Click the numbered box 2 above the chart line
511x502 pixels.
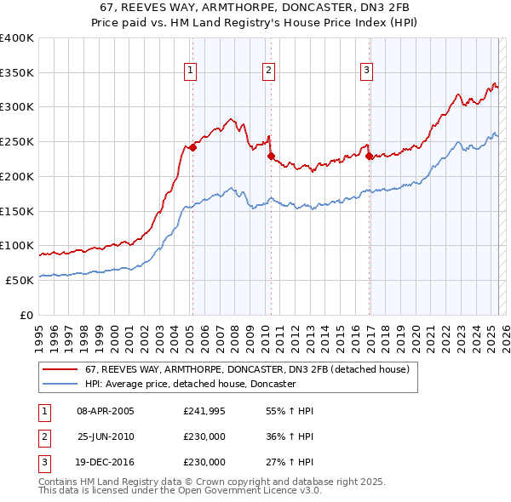(268, 71)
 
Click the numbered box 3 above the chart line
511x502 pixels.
(366, 71)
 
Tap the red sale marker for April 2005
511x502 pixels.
(192, 147)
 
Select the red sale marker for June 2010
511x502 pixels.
(271, 156)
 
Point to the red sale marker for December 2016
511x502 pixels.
(369, 156)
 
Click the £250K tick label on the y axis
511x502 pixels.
(16, 141)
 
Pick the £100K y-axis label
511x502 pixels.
(16, 245)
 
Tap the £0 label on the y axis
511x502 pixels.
(26, 315)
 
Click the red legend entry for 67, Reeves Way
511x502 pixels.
(247, 370)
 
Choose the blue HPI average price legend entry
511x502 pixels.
(189, 385)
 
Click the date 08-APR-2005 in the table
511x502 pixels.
(106, 411)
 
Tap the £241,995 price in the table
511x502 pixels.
(204, 411)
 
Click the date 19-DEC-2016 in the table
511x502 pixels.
(106, 462)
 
